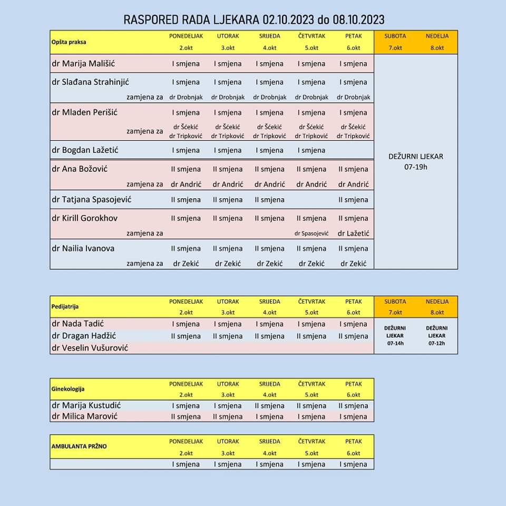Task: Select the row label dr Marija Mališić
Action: [83, 64]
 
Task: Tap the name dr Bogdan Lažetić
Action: [85, 150]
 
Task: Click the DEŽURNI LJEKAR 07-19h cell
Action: [415, 161]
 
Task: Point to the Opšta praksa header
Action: [69, 42]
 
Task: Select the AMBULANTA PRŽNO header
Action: [79, 446]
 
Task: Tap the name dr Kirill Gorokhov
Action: [85, 218]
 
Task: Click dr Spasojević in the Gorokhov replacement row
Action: [312, 233]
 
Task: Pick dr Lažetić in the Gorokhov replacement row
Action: [353, 233]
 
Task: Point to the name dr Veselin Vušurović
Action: [90, 348]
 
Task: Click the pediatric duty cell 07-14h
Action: [395, 335]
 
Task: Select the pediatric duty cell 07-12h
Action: [437, 335]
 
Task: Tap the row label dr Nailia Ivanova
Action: [83, 248]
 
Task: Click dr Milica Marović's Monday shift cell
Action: [186, 416]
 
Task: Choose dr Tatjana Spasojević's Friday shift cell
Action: [353, 200]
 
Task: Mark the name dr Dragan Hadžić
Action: [84, 336]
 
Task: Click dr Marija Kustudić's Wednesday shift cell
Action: [269, 406]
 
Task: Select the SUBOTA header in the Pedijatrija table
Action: [395, 301]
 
